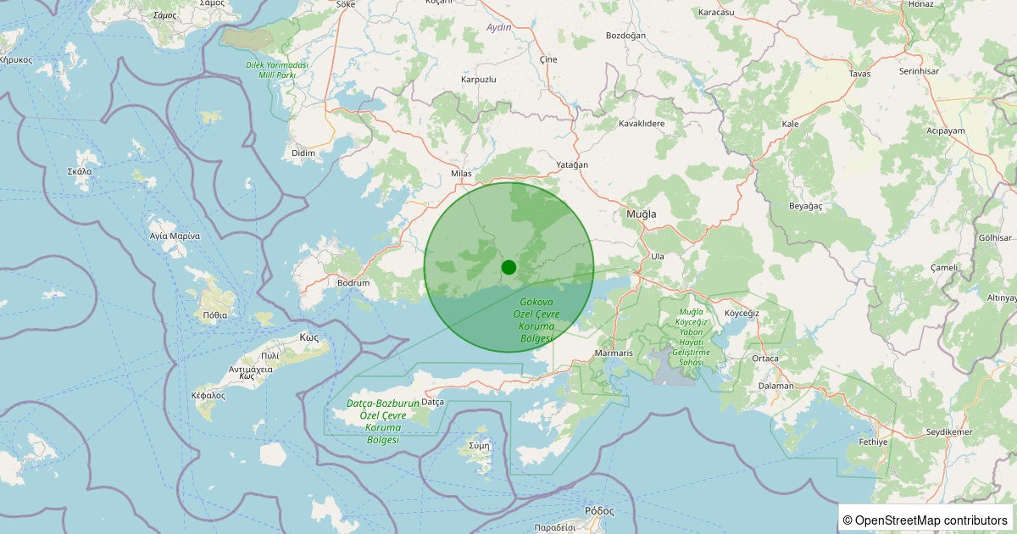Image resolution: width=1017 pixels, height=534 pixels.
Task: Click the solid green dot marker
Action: click(x=508, y=267)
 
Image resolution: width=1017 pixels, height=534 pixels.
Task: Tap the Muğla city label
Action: click(x=641, y=214)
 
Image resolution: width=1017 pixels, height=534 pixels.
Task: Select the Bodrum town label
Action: click(x=353, y=282)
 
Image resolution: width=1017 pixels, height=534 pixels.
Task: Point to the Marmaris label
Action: click(x=614, y=353)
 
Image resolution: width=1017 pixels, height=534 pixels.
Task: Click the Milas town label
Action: click(x=461, y=174)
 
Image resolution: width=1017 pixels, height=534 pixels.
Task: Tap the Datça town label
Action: click(x=432, y=401)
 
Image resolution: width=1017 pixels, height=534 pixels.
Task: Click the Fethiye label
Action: click(x=872, y=442)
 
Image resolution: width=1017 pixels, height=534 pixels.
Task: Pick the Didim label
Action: click(x=303, y=153)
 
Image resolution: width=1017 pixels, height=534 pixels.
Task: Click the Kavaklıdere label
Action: click(x=642, y=124)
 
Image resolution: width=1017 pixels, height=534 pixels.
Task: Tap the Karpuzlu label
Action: click(x=478, y=79)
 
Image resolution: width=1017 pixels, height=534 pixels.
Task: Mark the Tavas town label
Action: click(x=859, y=74)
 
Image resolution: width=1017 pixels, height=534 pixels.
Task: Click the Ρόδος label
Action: click(x=599, y=511)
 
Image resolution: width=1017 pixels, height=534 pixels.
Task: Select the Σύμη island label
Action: click(x=479, y=445)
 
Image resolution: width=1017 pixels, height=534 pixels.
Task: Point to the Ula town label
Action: click(x=657, y=256)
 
